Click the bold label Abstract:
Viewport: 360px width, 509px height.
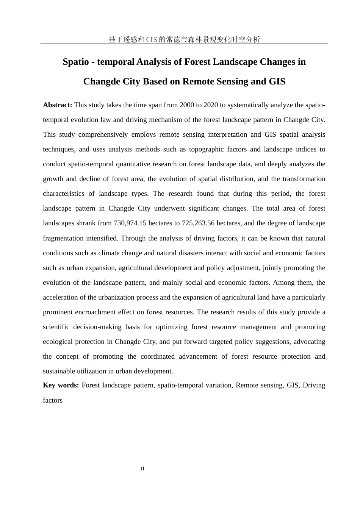[x=57, y=105]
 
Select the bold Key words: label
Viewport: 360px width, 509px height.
[x=61, y=385]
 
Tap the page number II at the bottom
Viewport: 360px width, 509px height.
[x=142, y=469]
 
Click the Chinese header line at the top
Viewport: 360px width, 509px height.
[x=184, y=39]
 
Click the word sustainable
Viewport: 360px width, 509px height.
[x=58, y=371]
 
